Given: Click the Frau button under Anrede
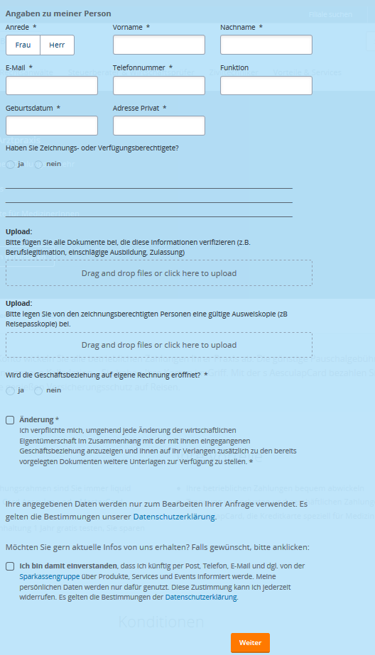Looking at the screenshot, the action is click(x=23, y=45).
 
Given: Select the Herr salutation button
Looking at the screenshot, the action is click(x=58, y=45).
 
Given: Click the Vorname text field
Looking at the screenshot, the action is click(x=158, y=45).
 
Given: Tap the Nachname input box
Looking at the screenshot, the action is click(x=266, y=45).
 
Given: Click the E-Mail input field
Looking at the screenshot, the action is click(x=51, y=86).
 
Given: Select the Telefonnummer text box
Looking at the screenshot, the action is click(x=158, y=86).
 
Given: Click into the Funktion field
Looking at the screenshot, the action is click(x=266, y=86).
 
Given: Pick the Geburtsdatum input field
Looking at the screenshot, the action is click(x=51, y=126).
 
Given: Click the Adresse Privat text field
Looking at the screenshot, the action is click(x=158, y=126).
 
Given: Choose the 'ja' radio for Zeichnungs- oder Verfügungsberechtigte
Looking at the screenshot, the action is click(x=10, y=165).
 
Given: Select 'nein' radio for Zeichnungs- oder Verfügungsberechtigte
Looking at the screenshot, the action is click(x=38, y=165).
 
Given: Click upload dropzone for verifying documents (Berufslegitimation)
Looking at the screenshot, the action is click(x=159, y=273).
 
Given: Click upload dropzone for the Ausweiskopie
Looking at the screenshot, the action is click(x=159, y=345).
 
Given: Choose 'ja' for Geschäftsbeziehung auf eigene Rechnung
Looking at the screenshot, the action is click(x=10, y=390).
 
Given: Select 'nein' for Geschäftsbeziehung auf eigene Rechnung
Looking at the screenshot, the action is click(x=38, y=390).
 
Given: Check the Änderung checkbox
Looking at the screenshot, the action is click(x=10, y=420).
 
